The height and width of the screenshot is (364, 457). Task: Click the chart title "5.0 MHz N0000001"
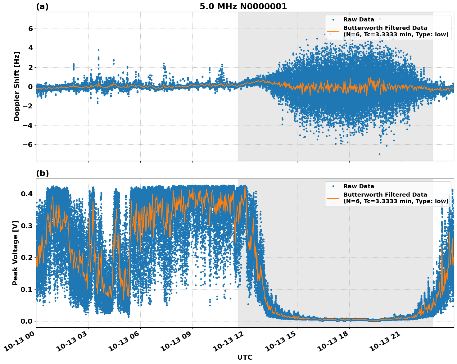(243, 7)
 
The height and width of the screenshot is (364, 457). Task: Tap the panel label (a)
(42, 7)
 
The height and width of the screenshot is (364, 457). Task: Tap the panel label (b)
(43, 173)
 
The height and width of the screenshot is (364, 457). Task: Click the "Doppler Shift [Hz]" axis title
(17, 87)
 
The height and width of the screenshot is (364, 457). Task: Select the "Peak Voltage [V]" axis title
(15, 253)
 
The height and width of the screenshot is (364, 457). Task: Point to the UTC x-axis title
(245, 357)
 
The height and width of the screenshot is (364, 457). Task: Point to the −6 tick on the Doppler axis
(28, 145)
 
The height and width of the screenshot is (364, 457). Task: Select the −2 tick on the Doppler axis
(28, 106)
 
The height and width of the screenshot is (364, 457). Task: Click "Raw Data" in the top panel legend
(359, 20)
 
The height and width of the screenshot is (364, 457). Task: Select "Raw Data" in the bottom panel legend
(359, 186)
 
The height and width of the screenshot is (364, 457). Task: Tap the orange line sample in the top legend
(333, 31)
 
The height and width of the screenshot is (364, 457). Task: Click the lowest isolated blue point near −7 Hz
(379, 154)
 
